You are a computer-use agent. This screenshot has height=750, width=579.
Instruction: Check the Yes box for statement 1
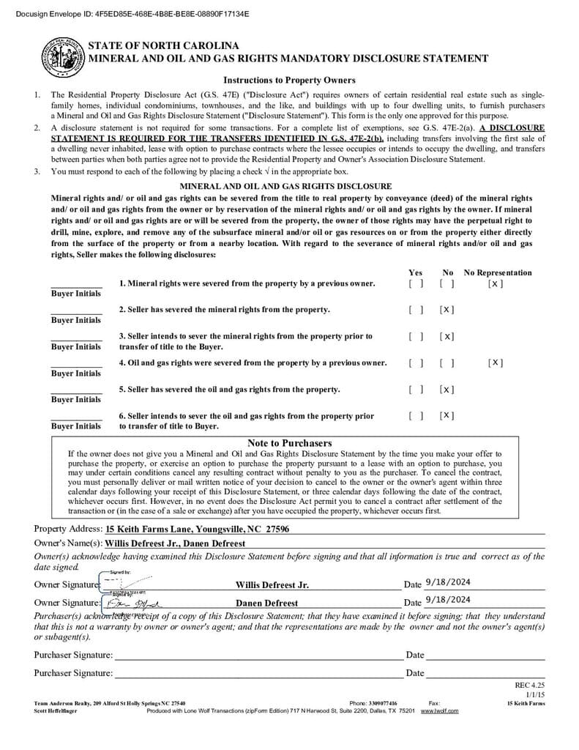coord(416,283)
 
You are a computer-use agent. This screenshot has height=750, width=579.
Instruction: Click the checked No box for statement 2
coord(447,310)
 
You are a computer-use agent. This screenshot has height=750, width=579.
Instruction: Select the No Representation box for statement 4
coord(496,363)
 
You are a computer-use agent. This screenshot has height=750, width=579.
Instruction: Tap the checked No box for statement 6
coord(447,416)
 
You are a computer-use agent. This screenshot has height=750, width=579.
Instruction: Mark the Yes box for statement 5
coord(416,390)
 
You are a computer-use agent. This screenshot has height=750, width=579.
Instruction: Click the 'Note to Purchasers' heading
coord(289,443)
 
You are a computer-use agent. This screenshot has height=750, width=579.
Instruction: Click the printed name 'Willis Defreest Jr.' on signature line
coord(272,585)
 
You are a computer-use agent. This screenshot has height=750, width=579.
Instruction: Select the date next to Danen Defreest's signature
coord(447,599)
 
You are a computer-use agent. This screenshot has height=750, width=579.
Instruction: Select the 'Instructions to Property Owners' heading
coord(289,81)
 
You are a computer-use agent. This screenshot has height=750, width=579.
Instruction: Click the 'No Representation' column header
coord(498,272)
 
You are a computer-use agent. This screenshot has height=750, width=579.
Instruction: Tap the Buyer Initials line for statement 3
coord(76,339)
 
